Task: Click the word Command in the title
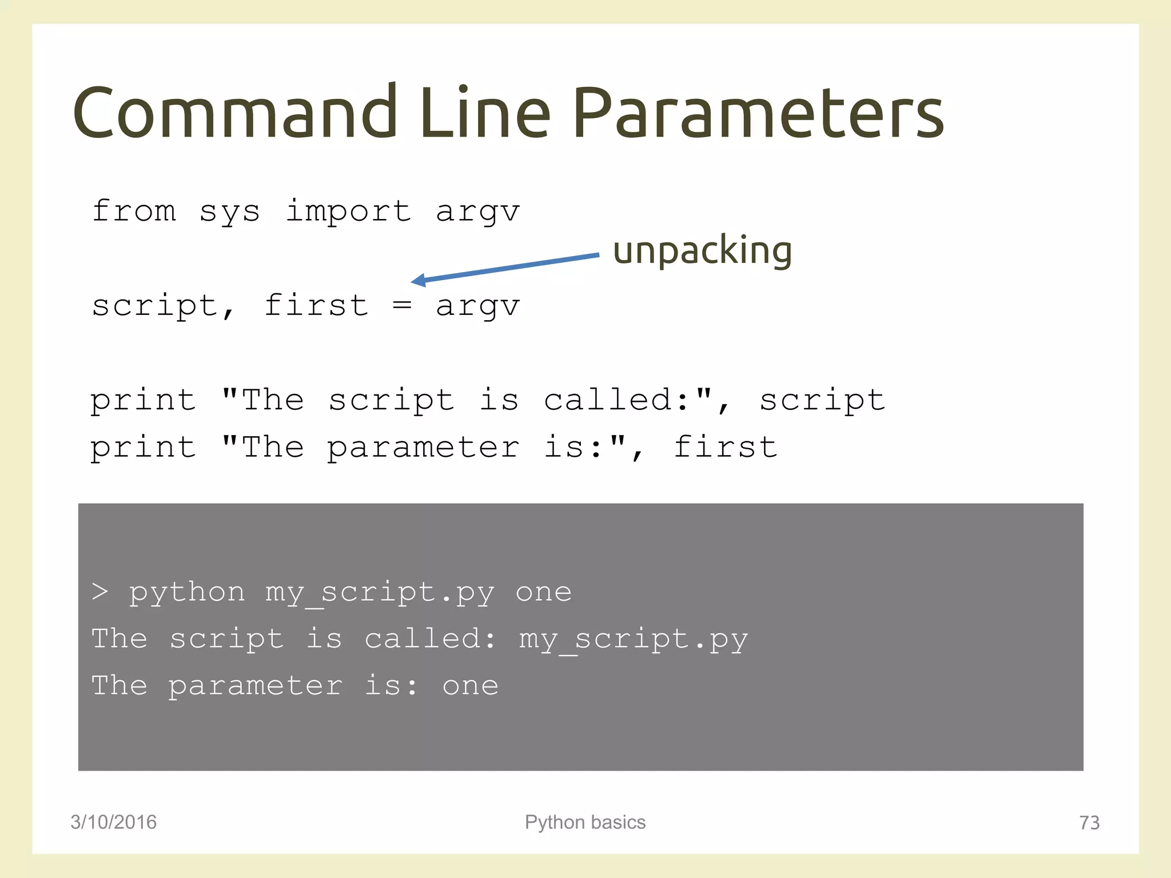tap(234, 113)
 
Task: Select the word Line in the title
tap(485, 113)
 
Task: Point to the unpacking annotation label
tap(702, 250)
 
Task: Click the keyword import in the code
tap(348, 211)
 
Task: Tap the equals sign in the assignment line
tap(402, 305)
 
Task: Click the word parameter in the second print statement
tap(423, 448)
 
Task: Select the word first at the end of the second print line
tap(725, 446)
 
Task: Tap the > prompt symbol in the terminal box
tap(100, 592)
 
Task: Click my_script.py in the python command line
tap(380, 593)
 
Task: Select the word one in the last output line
tap(470, 686)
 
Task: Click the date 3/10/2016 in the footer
tap(113, 822)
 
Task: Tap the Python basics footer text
tap(585, 822)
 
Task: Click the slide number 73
tap(1089, 823)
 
